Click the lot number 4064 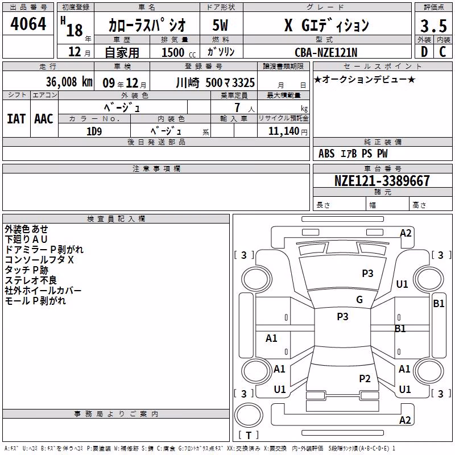click(x=28, y=24)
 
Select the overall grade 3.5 click(x=433, y=26)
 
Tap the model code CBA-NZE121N click(x=326, y=52)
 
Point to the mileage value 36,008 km click(x=69, y=82)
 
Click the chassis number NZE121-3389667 click(x=382, y=180)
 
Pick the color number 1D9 click(x=94, y=131)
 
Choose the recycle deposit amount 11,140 click(x=283, y=131)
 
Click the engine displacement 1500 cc click(x=179, y=52)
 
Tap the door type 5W click(x=220, y=25)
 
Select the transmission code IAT click(x=16, y=119)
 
